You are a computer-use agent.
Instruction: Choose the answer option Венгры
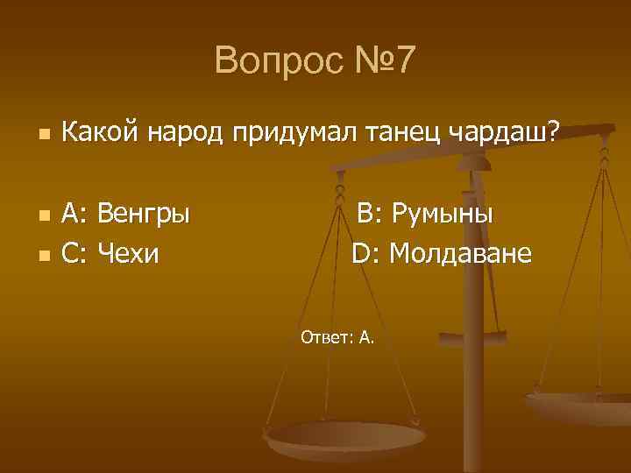pos(143,214)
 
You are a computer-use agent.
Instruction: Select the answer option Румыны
pos(442,214)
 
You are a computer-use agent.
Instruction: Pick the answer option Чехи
pos(129,254)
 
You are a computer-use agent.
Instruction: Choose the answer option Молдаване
pos(460,254)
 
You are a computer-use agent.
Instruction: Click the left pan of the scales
pos(344,435)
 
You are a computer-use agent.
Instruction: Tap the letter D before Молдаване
pos(363,254)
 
